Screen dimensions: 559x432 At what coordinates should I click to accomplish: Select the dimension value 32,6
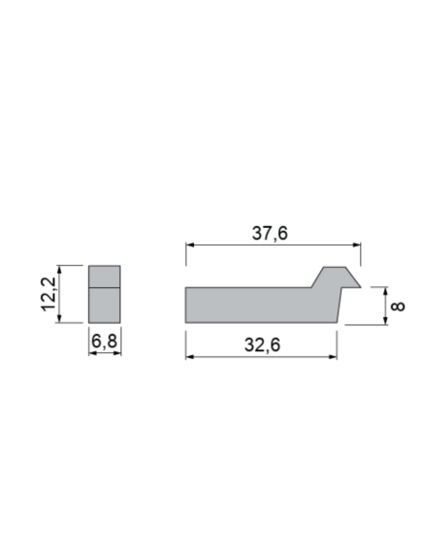point(262,346)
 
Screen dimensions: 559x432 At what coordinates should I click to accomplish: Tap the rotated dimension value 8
point(399,305)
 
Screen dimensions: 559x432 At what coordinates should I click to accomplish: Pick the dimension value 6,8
point(104,340)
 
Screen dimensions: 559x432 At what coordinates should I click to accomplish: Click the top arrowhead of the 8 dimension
point(384,290)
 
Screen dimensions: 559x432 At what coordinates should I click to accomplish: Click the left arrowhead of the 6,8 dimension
point(92,353)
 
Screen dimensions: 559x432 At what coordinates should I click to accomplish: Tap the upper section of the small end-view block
point(104,276)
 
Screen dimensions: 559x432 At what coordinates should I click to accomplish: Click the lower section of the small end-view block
point(104,304)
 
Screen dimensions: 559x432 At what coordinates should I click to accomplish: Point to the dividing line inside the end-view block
point(104,287)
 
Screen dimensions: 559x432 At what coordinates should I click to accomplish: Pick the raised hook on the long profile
point(335,277)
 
